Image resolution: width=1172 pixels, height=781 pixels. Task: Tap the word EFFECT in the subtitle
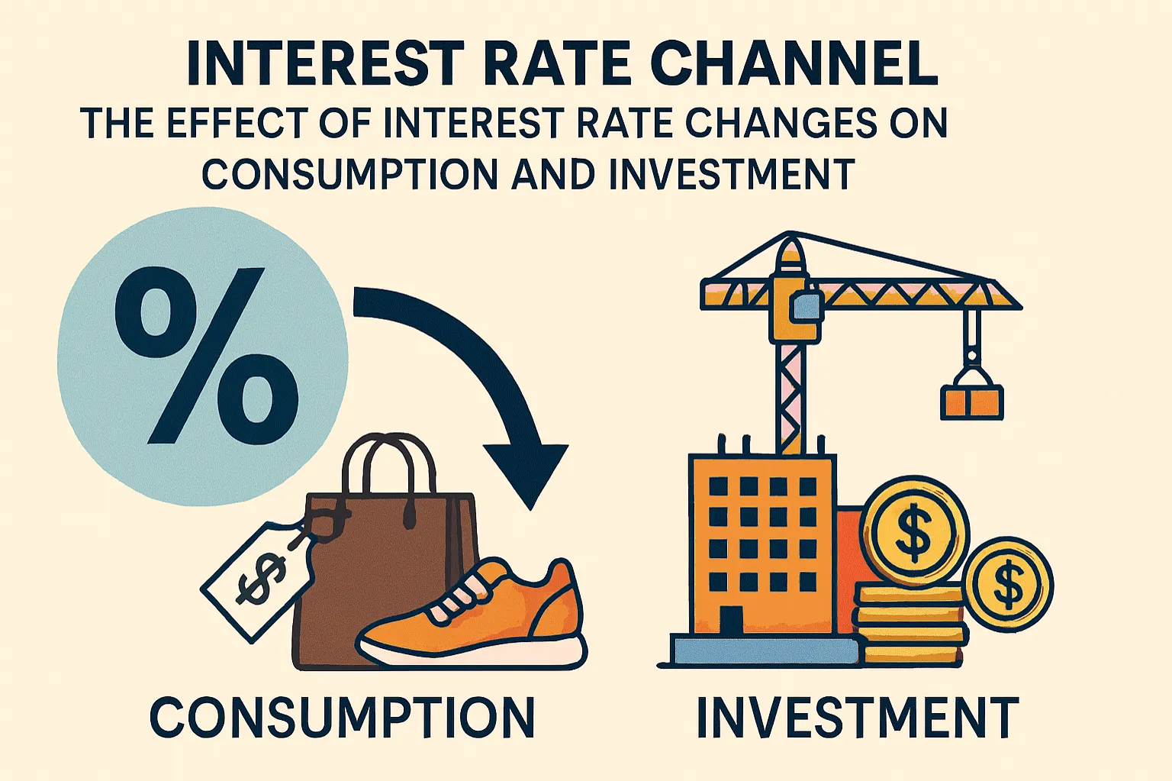[232, 123]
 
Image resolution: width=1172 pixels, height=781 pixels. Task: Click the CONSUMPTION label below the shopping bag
[343, 717]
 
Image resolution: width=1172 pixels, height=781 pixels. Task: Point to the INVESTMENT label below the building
[858, 717]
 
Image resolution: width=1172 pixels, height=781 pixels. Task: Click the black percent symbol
[204, 356]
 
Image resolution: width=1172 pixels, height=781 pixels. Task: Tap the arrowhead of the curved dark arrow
[529, 473]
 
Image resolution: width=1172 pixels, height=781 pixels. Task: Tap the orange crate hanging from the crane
[971, 400]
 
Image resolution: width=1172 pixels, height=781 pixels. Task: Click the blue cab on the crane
[804, 305]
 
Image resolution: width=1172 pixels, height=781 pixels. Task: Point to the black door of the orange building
[731, 620]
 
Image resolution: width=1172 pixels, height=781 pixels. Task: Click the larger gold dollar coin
[914, 531]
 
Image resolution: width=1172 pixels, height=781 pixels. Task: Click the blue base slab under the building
[763, 650]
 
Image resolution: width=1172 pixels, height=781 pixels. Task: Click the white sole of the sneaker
[473, 651]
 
